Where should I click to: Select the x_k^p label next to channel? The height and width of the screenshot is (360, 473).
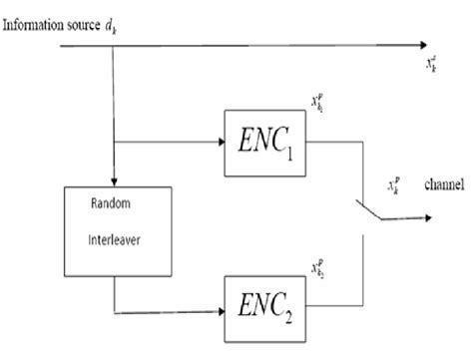click(394, 186)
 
